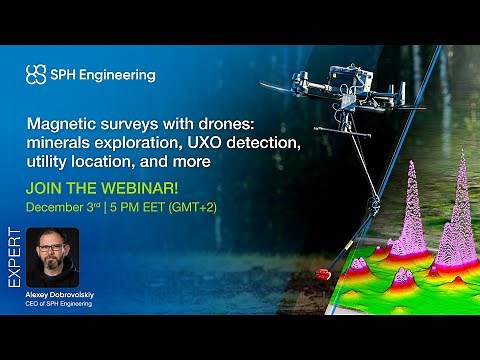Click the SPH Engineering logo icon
(x=36, y=74)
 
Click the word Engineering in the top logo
(x=119, y=74)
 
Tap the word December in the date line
(x=56, y=208)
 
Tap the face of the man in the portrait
(x=52, y=253)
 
